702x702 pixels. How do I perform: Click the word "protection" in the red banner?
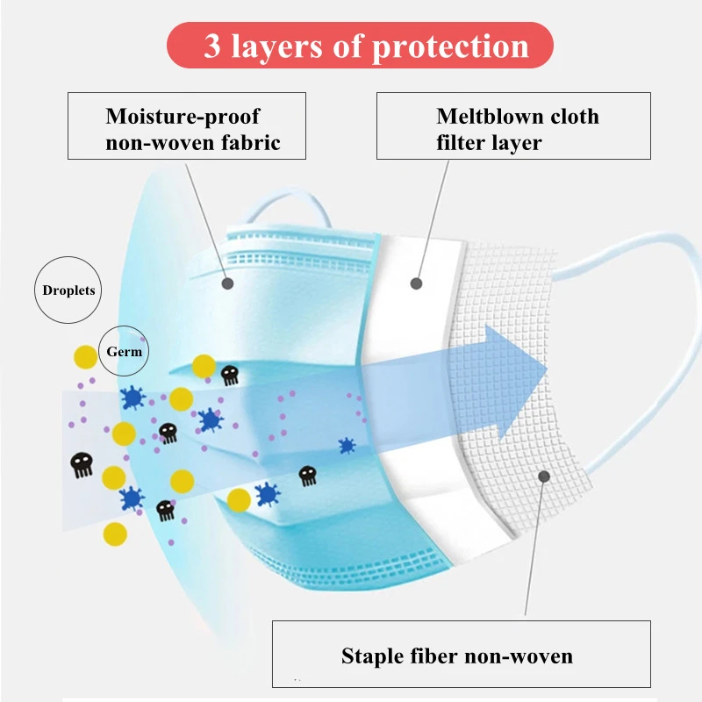pos(453,47)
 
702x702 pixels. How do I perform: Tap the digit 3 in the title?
pos(212,46)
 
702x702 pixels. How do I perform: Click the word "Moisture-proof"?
pos(183,117)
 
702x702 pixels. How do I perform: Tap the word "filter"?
pos(464,142)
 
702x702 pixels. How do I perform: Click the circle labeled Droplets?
pos(68,290)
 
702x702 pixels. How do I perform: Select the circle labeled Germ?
pos(125,351)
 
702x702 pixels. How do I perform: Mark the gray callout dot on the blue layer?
pos(228,283)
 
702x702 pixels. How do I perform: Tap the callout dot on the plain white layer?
pos(416,283)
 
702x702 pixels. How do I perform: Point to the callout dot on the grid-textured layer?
pos(544,476)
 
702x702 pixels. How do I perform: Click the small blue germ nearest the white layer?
pos(347,446)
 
